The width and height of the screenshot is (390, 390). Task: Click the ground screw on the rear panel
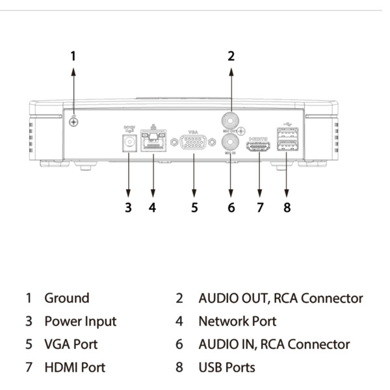pyautogui.click(x=73, y=122)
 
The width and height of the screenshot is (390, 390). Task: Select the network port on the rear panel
pyautogui.click(x=153, y=142)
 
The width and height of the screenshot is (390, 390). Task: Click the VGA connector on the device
pyautogui.click(x=194, y=144)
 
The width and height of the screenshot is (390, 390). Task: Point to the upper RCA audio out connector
pyautogui.click(x=231, y=120)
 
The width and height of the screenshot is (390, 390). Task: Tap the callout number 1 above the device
pyautogui.click(x=73, y=56)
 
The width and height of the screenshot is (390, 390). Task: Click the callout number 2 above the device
pyautogui.click(x=231, y=56)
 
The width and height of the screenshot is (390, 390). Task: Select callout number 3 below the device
pyautogui.click(x=128, y=208)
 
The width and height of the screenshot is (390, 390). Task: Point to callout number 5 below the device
pyautogui.click(x=194, y=208)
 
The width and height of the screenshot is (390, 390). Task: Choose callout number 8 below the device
pyautogui.click(x=287, y=208)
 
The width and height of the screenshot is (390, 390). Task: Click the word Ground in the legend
pyautogui.click(x=66, y=298)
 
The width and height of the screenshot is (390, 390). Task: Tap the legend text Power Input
pyautogui.click(x=80, y=321)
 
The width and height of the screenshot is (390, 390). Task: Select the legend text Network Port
pyautogui.click(x=237, y=321)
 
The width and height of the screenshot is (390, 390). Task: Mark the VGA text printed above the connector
pyautogui.click(x=193, y=131)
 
